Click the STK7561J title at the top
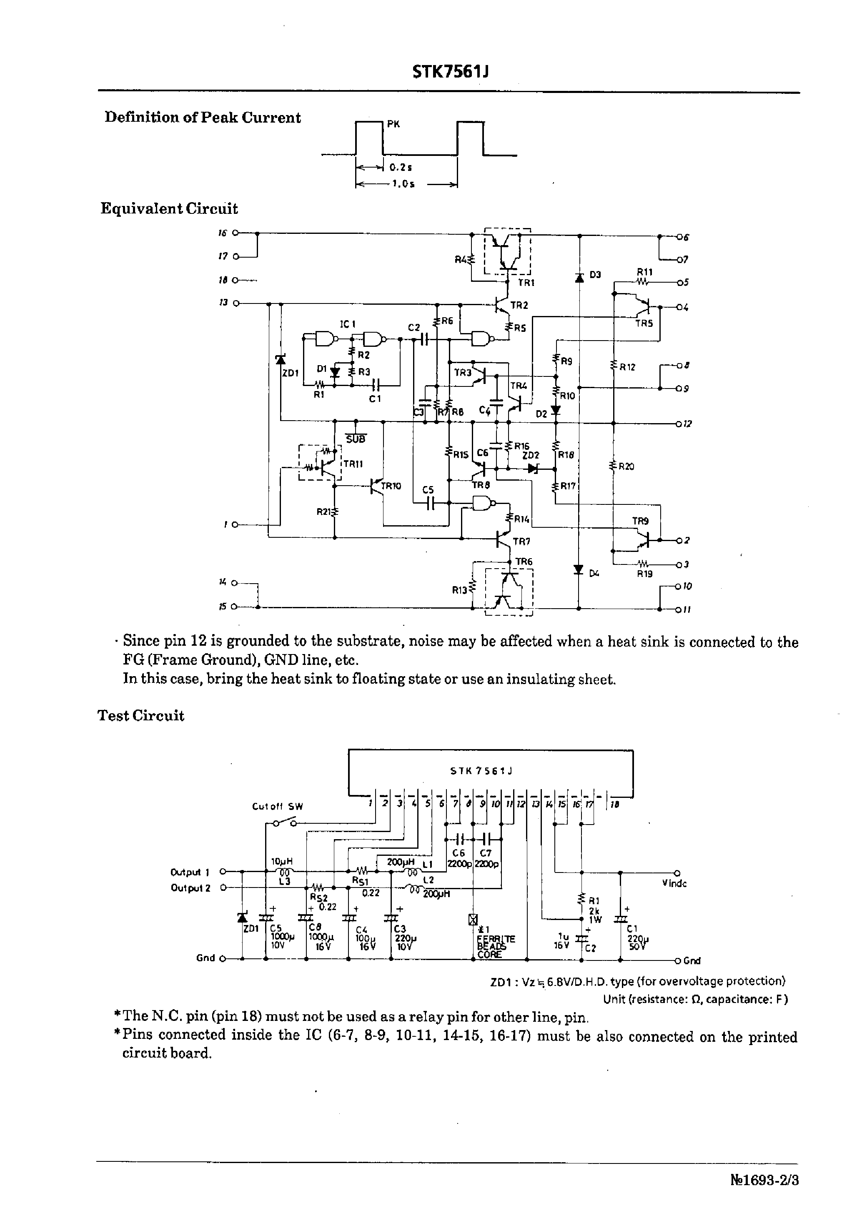(x=451, y=73)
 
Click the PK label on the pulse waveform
(x=393, y=124)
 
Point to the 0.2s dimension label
(x=401, y=167)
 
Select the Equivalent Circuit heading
(x=169, y=209)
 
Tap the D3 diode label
(x=595, y=274)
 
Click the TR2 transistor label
(x=519, y=305)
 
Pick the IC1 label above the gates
(x=348, y=324)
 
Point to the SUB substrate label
(x=356, y=439)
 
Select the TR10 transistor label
(x=391, y=486)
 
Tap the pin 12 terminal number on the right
(x=687, y=424)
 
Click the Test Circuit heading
(x=141, y=716)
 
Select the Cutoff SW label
(x=277, y=807)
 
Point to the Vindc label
(x=674, y=883)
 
